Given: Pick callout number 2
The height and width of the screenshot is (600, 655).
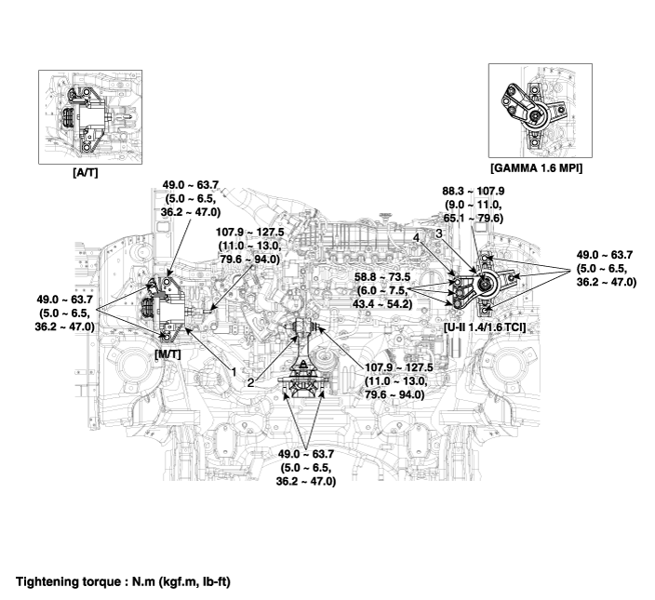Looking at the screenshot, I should pos(251,381).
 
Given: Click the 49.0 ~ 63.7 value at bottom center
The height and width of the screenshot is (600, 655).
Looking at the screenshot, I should pos(307,453).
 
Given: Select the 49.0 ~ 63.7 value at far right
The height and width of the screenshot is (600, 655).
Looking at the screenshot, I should pos(607,254).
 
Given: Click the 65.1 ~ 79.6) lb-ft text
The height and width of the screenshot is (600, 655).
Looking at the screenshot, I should pos(476,220).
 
